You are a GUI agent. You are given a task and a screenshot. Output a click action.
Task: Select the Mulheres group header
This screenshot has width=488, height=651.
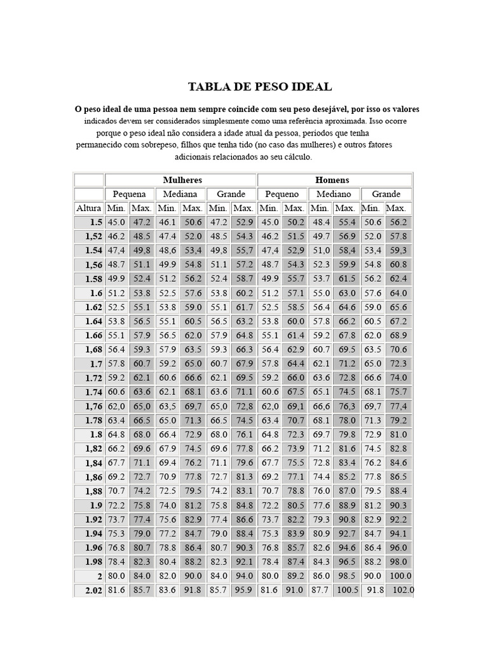(182, 180)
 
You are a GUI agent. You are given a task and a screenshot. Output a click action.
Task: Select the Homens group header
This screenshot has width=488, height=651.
(332, 180)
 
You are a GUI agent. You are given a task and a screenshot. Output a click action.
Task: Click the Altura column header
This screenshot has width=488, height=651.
(88, 208)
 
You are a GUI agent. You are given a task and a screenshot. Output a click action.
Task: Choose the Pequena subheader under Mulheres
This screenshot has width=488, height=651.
(129, 194)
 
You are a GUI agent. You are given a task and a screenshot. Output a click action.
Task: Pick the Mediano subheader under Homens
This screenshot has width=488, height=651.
(334, 194)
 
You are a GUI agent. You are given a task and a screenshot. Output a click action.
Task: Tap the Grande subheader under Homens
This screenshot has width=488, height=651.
(386, 194)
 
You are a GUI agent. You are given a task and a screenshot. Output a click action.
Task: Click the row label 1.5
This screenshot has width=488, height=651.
(95, 223)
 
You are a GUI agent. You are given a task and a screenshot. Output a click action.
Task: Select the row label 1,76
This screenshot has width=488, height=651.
(93, 406)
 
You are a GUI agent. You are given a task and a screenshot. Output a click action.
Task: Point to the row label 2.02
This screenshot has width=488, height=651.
(93, 590)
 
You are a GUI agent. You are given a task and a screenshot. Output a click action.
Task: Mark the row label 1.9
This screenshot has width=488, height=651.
(95, 505)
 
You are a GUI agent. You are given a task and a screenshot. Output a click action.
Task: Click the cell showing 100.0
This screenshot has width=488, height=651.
(400, 576)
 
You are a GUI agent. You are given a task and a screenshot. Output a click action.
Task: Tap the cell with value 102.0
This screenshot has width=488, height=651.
(402, 590)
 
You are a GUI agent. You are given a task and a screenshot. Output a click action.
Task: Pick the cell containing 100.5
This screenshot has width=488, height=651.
(347, 590)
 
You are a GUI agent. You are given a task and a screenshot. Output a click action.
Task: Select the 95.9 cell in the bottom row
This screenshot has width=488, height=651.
(243, 590)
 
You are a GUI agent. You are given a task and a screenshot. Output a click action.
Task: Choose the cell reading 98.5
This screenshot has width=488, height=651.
(347, 576)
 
